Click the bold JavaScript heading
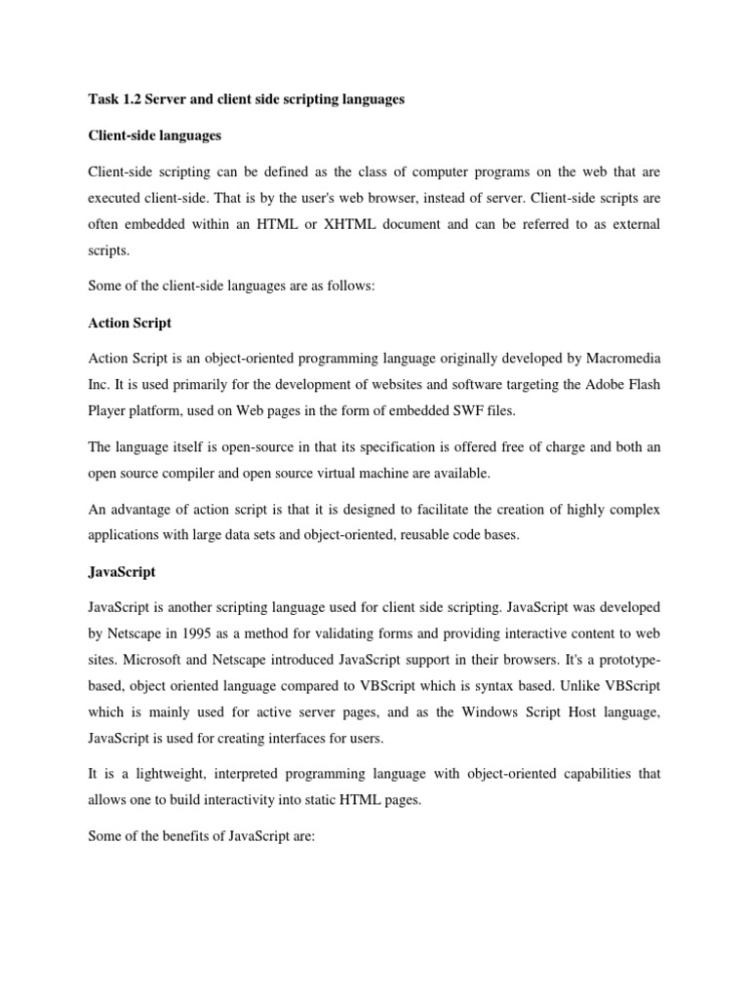(121, 571)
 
